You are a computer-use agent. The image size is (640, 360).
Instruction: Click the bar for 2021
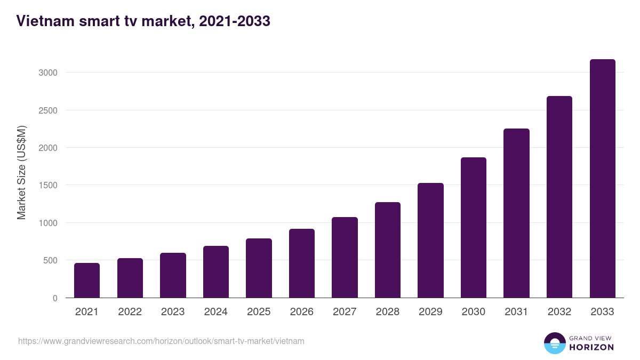click(87, 280)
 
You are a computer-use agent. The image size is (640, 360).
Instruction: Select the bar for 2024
click(216, 271)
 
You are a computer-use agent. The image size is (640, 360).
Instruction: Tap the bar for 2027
click(345, 257)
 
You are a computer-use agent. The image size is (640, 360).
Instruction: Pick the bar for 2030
click(474, 227)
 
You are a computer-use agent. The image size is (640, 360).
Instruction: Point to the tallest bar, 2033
click(602, 178)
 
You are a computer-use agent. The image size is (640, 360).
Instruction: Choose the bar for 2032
click(559, 197)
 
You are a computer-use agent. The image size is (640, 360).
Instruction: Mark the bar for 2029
click(430, 240)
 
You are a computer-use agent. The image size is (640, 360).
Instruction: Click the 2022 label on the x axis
click(130, 312)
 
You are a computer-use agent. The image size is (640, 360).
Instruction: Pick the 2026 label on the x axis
click(302, 312)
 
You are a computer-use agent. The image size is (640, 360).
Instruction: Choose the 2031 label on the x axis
click(516, 312)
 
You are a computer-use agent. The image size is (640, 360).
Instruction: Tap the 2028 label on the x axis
click(388, 312)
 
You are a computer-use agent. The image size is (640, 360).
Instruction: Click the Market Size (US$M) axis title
click(21, 173)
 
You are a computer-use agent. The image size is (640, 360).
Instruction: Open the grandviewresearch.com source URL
click(161, 341)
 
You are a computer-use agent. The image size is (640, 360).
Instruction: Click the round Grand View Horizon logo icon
click(554, 343)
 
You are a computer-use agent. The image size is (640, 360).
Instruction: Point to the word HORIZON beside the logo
click(591, 347)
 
